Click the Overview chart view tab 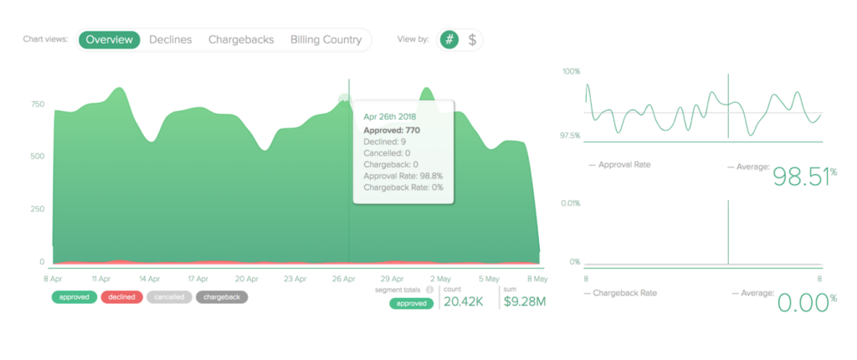[109, 39]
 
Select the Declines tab [171, 39]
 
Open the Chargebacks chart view [241, 39]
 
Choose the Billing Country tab [326, 39]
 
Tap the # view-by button [449, 39]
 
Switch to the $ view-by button [472, 39]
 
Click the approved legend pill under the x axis [74, 296]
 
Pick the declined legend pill [121, 296]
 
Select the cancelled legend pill [169, 296]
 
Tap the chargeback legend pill [222, 296]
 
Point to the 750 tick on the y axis [37, 105]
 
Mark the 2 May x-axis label [441, 279]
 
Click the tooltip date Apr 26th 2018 [391, 116]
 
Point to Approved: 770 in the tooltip [392, 131]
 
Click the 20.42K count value [464, 301]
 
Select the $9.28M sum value [524, 301]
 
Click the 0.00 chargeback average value [803, 302]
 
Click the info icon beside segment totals [429, 290]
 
